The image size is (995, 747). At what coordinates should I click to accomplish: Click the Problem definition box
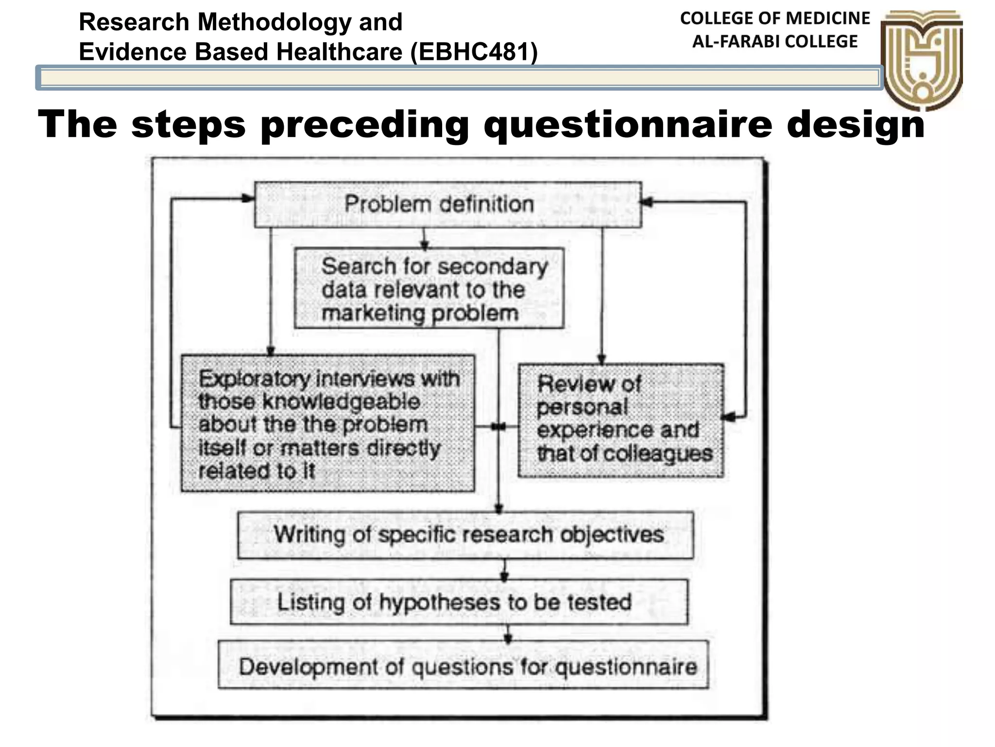pyautogui.click(x=447, y=204)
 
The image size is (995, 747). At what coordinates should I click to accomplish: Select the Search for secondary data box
pyautogui.click(x=429, y=289)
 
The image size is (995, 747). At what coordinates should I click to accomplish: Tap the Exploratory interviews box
pyautogui.click(x=327, y=424)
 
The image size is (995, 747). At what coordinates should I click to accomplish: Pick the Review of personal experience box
pyautogui.click(x=620, y=420)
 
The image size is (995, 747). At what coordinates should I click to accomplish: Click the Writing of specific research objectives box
pyautogui.click(x=465, y=534)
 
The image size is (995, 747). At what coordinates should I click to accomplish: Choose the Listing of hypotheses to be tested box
pyautogui.click(x=459, y=602)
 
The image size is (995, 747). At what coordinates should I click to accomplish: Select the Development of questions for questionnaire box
pyautogui.click(x=463, y=665)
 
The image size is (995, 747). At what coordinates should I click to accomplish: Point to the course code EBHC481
pyautogui.click(x=474, y=52)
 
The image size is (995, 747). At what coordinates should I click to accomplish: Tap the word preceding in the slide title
pyautogui.click(x=364, y=125)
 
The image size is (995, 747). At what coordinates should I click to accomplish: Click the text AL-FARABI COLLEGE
pyautogui.click(x=774, y=42)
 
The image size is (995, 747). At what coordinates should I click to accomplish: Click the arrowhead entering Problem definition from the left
pyautogui.click(x=249, y=198)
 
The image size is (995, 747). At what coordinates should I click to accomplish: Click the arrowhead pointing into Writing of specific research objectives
pyautogui.click(x=498, y=508)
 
